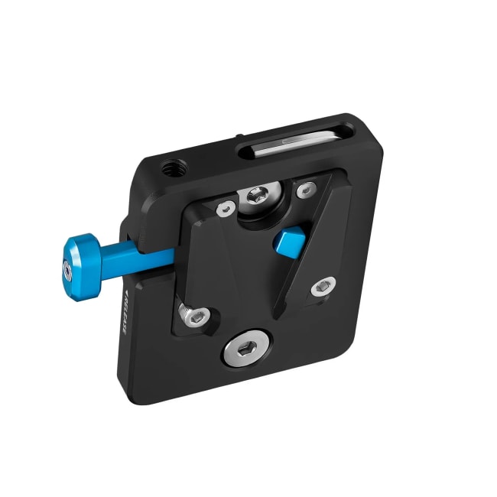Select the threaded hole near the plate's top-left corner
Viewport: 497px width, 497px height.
tap(167, 167)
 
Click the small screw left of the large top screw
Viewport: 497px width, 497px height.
tap(225, 207)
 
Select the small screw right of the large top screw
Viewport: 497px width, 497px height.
tap(306, 188)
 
